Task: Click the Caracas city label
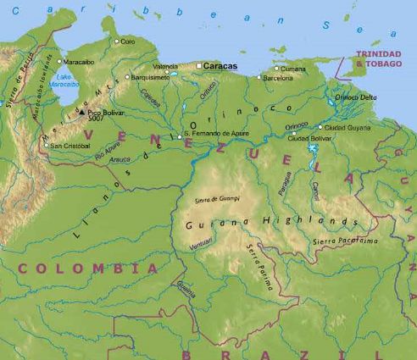point(221,65)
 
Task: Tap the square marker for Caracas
point(200,65)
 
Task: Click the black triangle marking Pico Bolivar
point(81,110)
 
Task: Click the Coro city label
point(128,41)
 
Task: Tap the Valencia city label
point(165,65)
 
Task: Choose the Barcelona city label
point(279,78)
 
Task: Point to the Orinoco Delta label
point(356,97)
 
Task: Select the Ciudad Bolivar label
point(308,138)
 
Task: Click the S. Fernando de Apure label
point(217,134)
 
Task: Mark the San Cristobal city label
point(69,145)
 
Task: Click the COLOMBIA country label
point(88,268)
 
